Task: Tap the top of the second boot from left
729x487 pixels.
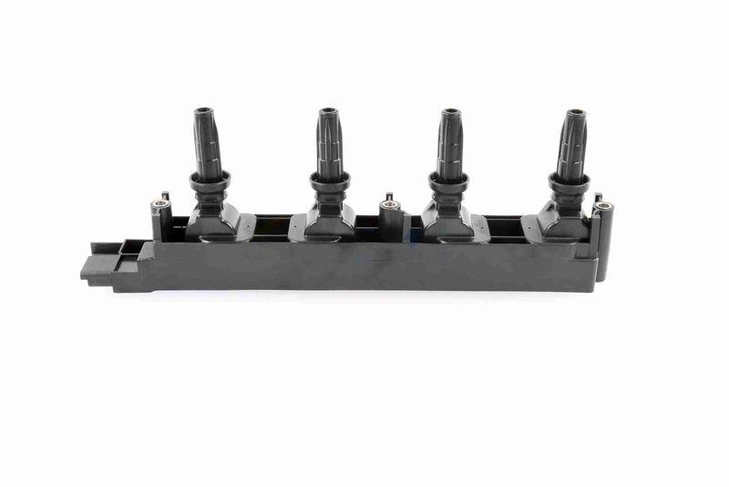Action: pyautogui.click(x=329, y=113)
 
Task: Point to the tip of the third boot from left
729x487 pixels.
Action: pyautogui.click(x=451, y=113)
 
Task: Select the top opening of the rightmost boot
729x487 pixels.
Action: pyautogui.click(x=576, y=114)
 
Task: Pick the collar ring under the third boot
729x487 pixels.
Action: pyautogui.click(x=447, y=181)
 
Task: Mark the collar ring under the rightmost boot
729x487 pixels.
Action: pyautogui.click(x=566, y=181)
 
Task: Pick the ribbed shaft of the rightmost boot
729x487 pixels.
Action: pyautogui.click(x=571, y=146)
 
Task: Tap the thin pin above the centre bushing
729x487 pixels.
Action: pyautogui.click(x=389, y=196)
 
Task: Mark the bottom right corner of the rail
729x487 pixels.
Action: pyautogui.click(x=596, y=288)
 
